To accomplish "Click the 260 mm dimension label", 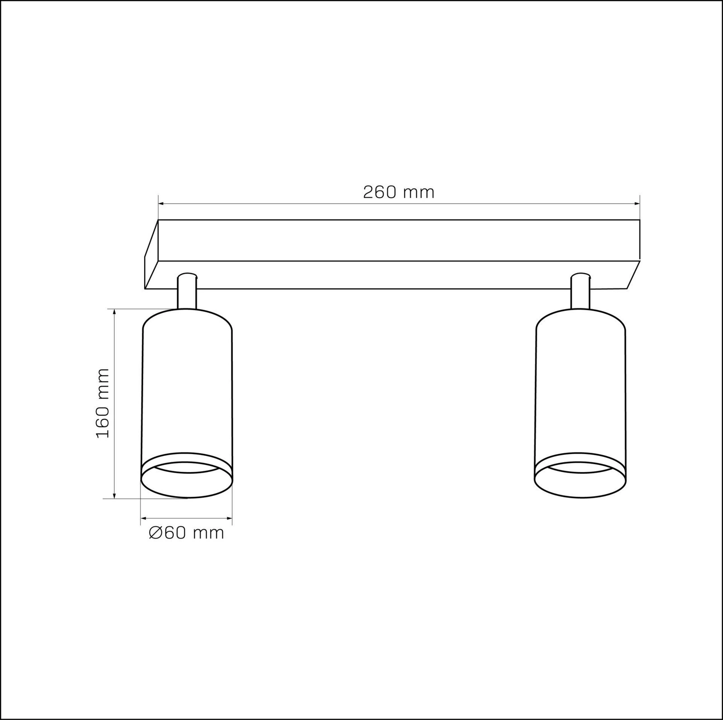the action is tap(399, 192).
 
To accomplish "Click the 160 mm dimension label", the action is tap(103, 403).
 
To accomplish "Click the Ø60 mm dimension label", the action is tap(186, 533).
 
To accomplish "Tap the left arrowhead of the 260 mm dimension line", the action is tap(162, 204).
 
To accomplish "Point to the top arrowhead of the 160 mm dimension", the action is tap(114, 313).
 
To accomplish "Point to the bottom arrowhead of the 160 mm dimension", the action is tap(114, 495).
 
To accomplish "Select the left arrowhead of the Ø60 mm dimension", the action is tap(145, 519).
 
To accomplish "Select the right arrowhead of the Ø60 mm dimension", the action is tap(228, 519).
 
